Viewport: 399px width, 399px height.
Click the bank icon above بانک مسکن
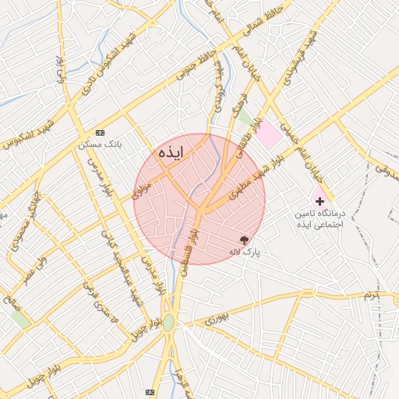point(99,133)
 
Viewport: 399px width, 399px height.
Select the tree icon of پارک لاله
point(245,240)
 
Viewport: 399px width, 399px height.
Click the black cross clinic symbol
point(320,201)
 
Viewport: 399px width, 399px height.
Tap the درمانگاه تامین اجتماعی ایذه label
point(320,219)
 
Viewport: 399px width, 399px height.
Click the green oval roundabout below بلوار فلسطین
point(169,322)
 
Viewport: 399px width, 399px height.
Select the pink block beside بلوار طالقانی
point(269,135)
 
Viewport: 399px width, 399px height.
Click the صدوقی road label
point(387,165)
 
